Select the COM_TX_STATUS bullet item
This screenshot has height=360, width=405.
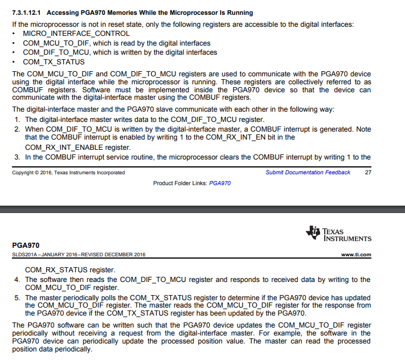pos(54,62)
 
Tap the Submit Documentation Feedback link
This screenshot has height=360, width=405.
pos(308,173)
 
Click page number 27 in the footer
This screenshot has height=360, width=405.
pos(367,173)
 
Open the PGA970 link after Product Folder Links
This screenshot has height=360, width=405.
pos(220,183)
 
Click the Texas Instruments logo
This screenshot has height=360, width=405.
pos(338,234)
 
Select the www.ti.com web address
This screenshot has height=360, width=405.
pos(356,255)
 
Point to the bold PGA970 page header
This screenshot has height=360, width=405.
pos(25,245)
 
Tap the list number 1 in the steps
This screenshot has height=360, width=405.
pos(17,120)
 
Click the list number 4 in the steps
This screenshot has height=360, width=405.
pos(17,280)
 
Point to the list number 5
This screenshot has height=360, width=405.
pos(17,298)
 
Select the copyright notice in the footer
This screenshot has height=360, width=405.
pos(68,173)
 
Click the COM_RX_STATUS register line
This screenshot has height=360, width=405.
pos(69,270)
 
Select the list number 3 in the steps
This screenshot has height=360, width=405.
pos(17,157)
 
